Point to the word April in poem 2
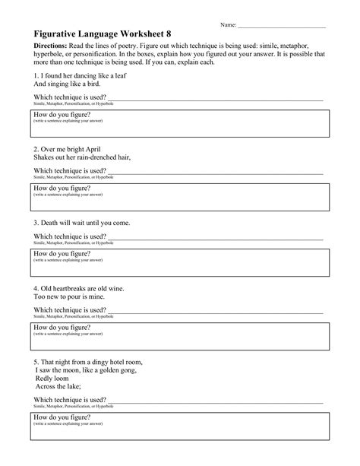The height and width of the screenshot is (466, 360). click(90, 150)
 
